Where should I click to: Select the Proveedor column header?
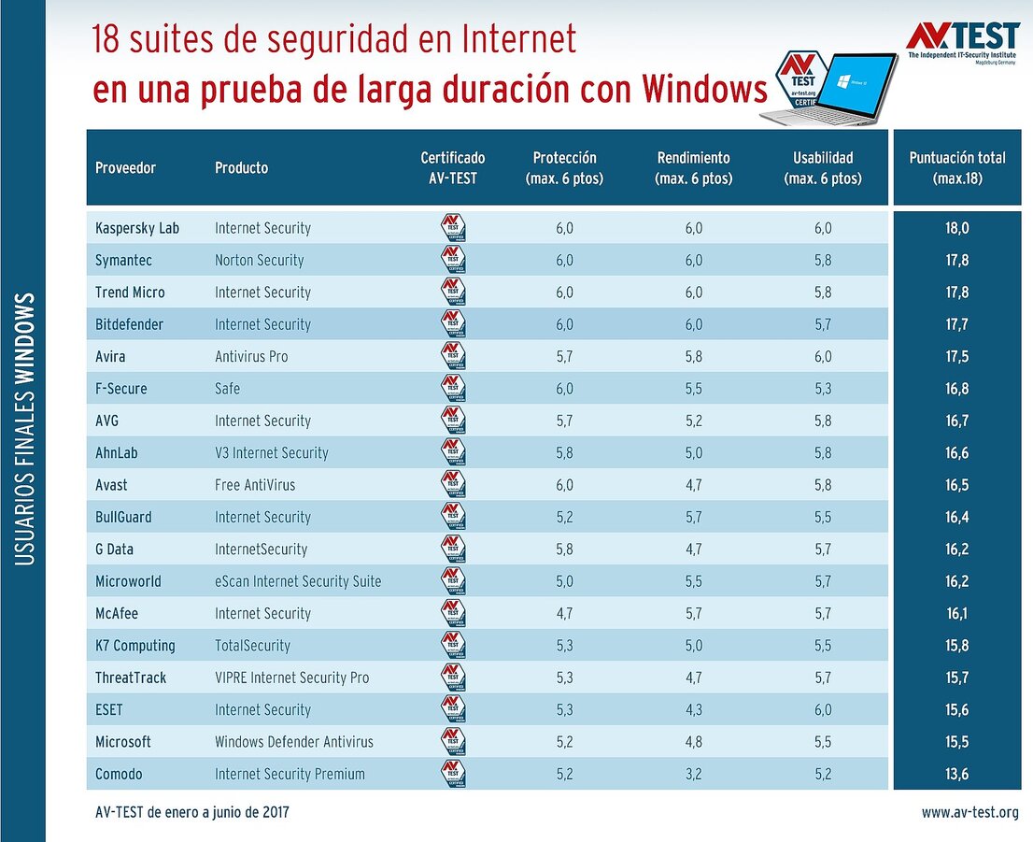click(x=125, y=168)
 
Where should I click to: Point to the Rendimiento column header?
click(x=693, y=168)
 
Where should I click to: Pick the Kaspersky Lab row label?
click(x=136, y=228)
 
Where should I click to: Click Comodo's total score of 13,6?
click(x=956, y=774)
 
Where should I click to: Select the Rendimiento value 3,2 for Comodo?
click(x=693, y=774)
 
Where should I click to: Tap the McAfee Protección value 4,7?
click(x=564, y=613)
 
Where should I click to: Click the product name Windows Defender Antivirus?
click(x=293, y=742)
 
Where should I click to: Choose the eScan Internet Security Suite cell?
click(x=297, y=581)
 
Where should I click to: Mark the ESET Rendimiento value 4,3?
click(x=693, y=710)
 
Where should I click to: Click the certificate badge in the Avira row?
click(x=453, y=357)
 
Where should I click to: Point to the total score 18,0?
click(x=956, y=228)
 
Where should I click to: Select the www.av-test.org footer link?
click(x=969, y=813)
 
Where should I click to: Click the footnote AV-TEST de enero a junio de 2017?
click(x=191, y=813)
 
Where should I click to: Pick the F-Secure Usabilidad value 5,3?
click(x=822, y=389)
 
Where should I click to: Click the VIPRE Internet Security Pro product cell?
click(x=291, y=678)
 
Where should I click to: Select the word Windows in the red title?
click(x=705, y=92)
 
